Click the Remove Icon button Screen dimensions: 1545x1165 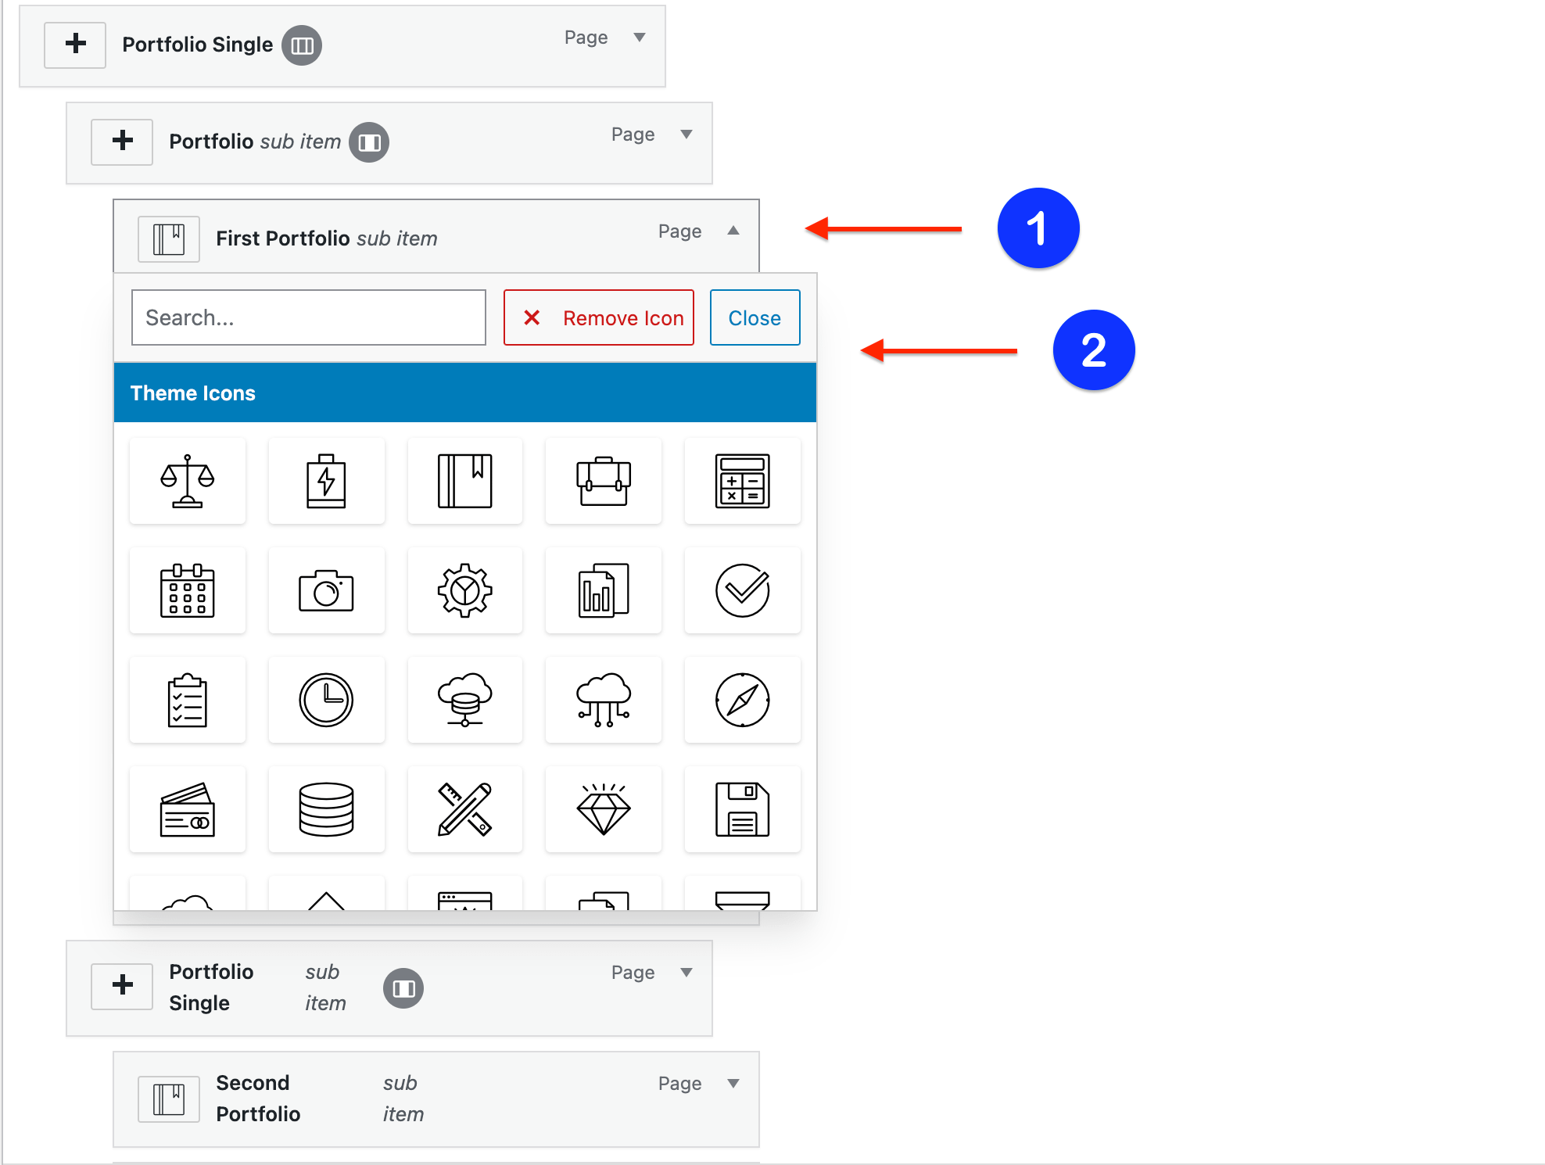598,317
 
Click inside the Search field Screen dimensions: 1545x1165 309,317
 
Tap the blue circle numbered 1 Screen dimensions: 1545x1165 1038,228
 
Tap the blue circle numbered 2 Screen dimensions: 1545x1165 1093,350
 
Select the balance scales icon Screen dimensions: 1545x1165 188,481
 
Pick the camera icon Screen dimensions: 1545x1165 326,590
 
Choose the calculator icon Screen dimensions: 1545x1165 742,481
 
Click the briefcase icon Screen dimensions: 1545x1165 604,481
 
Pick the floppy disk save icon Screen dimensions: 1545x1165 742,809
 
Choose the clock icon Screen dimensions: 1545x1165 326,700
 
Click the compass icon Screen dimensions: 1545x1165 742,700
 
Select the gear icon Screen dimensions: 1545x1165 465,590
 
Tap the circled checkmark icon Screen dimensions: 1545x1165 742,590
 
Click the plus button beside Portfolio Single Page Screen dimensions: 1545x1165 75,44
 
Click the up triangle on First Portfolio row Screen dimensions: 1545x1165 733,230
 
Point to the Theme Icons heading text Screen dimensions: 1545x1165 192,393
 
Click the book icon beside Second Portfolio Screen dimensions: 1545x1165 168,1099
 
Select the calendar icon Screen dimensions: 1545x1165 188,590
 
